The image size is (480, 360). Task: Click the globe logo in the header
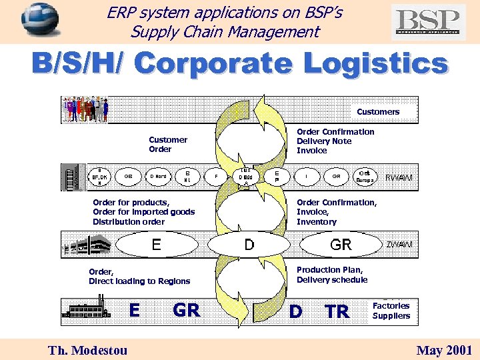tap(40, 19)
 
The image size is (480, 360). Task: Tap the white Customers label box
tap(378, 111)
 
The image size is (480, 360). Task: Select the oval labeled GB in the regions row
tap(128, 177)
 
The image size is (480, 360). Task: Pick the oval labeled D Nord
tap(159, 177)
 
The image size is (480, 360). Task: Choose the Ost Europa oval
tap(365, 177)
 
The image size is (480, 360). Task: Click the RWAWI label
tap(399, 177)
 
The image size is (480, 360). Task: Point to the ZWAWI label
tap(399, 245)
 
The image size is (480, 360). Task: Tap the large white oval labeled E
tap(155, 245)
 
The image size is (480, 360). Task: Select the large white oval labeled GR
tap(341, 245)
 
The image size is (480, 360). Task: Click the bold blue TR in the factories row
tap(337, 311)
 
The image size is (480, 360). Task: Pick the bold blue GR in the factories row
tap(186, 310)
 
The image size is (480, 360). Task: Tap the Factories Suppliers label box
tap(391, 311)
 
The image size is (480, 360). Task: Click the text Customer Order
tap(167, 145)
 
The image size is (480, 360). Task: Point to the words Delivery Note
tap(323, 141)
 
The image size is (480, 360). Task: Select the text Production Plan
tap(329, 270)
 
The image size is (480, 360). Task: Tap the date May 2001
tap(444, 350)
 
